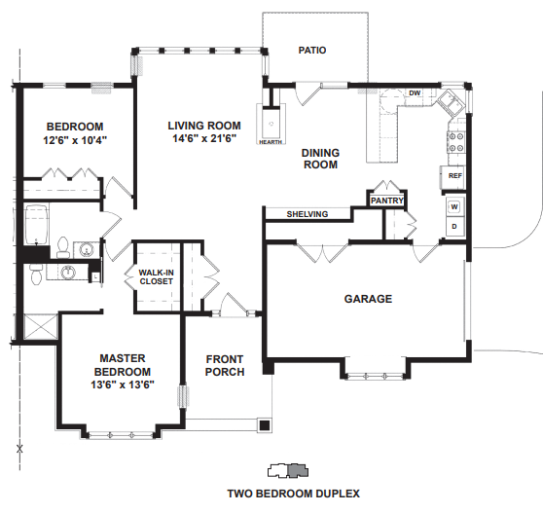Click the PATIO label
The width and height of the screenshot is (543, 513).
[x=312, y=51]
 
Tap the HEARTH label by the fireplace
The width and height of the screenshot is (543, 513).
[x=271, y=142]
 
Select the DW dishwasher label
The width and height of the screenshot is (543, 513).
[x=415, y=92]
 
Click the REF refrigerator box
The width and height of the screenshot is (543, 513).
[x=452, y=176]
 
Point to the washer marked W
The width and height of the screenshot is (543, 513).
[x=454, y=207]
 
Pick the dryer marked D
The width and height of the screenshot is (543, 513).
[x=454, y=226]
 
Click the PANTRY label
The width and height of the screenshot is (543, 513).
[x=387, y=201]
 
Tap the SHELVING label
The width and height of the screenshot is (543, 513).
[x=308, y=214]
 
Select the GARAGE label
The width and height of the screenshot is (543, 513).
[x=368, y=299]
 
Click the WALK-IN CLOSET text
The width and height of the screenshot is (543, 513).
[x=156, y=277]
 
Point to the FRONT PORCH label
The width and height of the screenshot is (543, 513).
[x=225, y=365]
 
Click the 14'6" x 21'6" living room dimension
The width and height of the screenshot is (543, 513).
[x=204, y=138]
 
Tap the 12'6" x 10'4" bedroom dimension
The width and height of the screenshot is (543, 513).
[x=75, y=140]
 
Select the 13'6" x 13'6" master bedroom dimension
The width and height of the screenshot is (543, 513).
[x=123, y=385]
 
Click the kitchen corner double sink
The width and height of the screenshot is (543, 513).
[x=451, y=102]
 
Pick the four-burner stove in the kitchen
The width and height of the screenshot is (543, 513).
[x=455, y=142]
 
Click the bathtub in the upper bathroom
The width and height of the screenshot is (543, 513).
[x=36, y=225]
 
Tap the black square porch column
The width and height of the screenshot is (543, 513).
[x=265, y=425]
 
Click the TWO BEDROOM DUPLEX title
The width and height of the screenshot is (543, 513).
[x=293, y=494]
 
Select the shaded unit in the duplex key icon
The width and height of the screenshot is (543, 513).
[x=297, y=470]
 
